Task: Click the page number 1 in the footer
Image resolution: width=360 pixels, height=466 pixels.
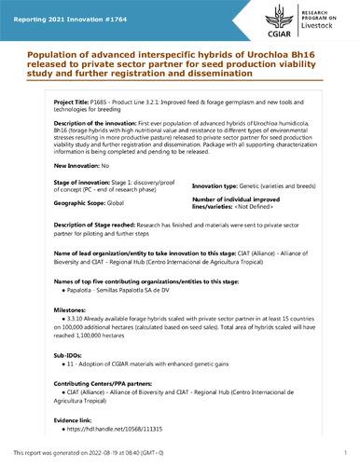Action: tap(344, 452)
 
